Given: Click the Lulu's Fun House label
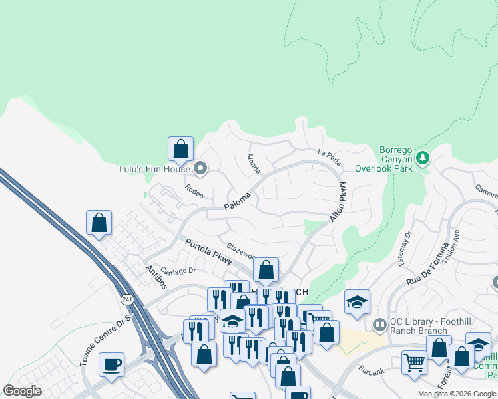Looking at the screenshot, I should click(155, 170).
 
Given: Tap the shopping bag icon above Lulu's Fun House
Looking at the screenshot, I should click(180, 148).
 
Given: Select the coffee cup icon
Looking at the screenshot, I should click(111, 364).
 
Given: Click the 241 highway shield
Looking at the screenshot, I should click(127, 300).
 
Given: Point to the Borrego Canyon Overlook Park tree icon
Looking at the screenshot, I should click(421, 158).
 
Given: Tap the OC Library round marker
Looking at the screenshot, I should click(380, 325).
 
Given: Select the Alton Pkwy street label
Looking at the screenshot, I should click(338, 202).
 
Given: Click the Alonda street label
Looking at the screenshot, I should click(254, 164).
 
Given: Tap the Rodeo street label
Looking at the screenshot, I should click(194, 190).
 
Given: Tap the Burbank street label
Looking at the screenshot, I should click(370, 368).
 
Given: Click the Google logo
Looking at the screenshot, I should click(23, 391).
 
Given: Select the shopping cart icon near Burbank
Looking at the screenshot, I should click(414, 362).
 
